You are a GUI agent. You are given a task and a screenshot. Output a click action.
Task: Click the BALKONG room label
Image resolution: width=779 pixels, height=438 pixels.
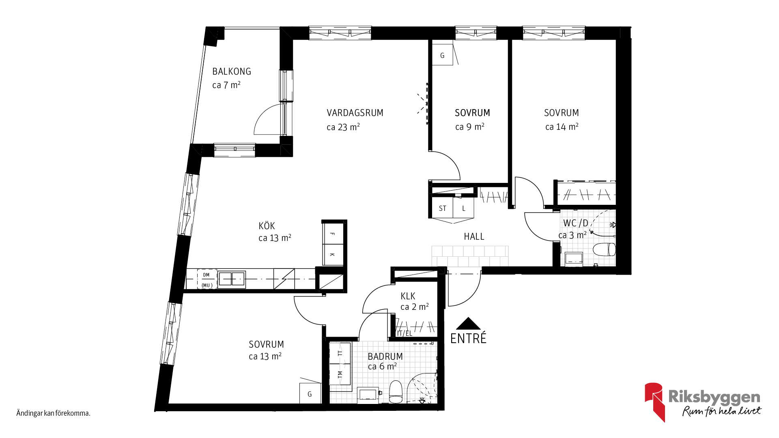(x=232, y=71)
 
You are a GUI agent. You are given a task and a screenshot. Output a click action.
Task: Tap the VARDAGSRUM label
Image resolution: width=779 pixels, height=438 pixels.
(x=355, y=113)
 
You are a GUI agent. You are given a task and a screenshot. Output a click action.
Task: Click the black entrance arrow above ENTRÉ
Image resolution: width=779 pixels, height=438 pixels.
(x=468, y=323)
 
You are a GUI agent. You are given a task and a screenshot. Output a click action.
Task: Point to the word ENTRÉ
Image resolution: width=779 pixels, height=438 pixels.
(x=468, y=338)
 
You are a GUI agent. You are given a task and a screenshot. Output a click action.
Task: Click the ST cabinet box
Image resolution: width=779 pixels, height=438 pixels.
(x=442, y=208)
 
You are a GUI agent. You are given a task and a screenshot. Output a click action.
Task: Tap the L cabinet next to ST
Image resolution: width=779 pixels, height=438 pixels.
(x=464, y=208)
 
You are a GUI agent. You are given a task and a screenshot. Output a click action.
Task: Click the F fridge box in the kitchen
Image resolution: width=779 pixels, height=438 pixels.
(x=333, y=234)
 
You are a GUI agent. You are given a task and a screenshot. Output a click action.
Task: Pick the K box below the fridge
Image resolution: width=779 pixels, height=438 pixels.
(x=333, y=255)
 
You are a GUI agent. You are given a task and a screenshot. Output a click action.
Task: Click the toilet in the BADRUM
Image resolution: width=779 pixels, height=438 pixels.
(x=396, y=392)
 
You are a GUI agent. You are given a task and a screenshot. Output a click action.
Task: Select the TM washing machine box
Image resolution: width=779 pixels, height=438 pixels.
(x=340, y=374)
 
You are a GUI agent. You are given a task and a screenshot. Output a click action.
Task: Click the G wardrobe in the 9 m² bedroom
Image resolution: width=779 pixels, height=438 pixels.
(x=442, y=55)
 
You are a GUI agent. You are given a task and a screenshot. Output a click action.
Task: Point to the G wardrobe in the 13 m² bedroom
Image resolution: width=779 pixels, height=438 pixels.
(x=310, y=393)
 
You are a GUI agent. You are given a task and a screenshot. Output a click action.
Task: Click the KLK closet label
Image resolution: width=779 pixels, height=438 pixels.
(x=408, y=296)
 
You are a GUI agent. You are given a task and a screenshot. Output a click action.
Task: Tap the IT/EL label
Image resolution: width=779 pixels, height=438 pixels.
(x=405, y=333)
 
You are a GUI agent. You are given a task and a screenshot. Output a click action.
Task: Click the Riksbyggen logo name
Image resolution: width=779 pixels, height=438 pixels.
(x=714, y=397)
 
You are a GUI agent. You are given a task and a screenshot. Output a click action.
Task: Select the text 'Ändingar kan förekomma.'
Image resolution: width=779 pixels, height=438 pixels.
(x=53, y=413)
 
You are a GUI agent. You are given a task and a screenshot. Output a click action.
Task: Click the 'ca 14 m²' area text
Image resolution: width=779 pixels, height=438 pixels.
(x=562, y=127)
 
